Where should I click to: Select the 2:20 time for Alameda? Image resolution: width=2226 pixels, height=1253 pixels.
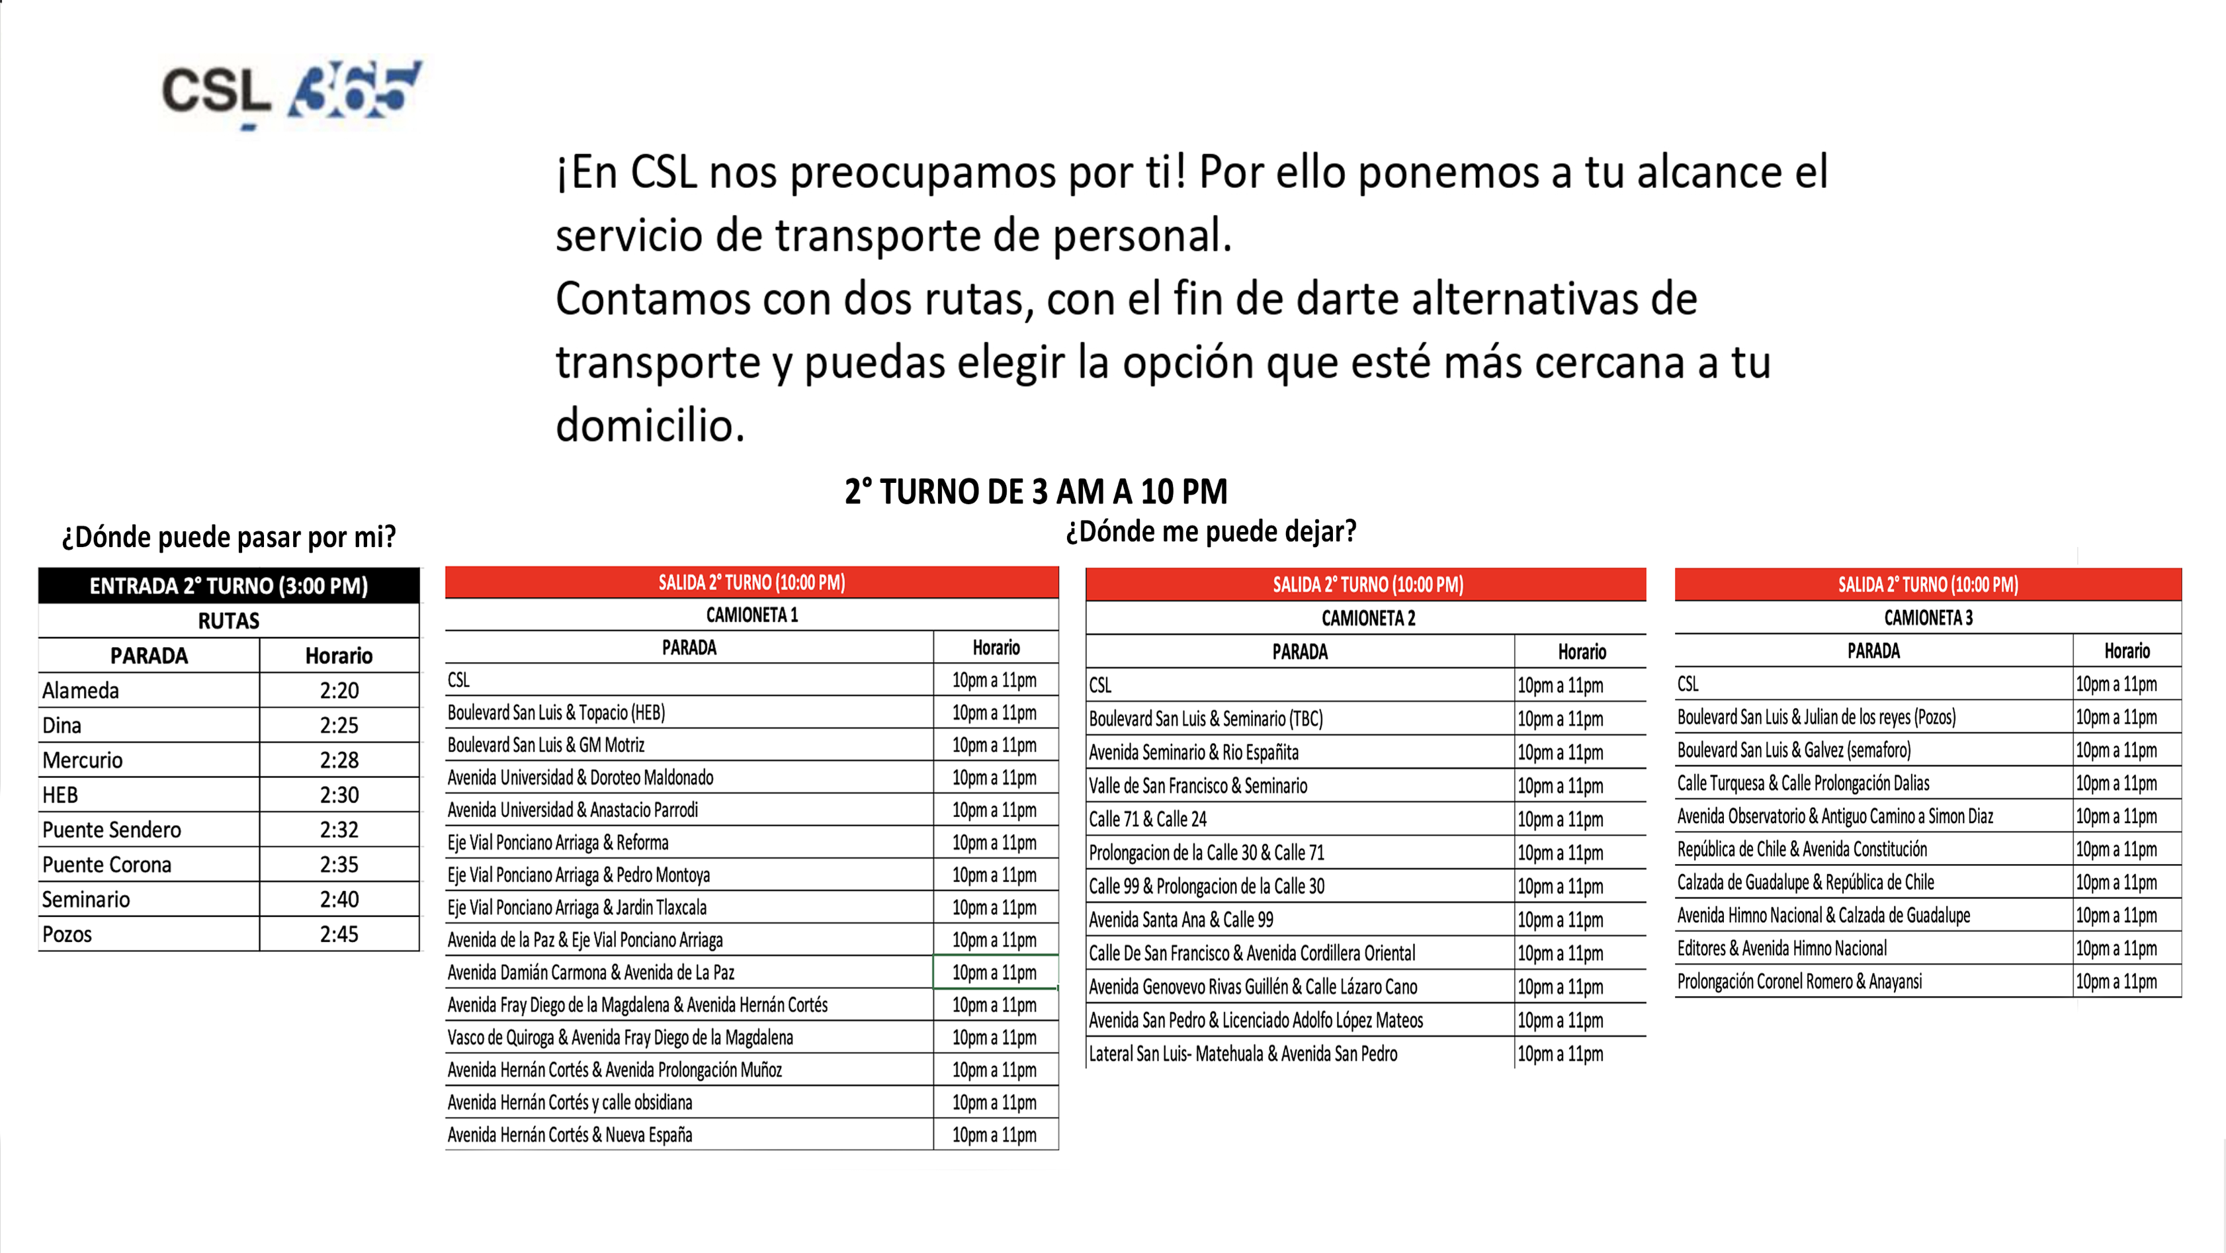[x=339, y=691]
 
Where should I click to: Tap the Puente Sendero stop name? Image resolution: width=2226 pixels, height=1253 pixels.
[x=112, y=830]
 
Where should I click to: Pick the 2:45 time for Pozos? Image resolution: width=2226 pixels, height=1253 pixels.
[x=339, y=934]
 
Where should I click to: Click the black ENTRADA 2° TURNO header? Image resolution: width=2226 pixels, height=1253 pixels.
[x=229, y=586]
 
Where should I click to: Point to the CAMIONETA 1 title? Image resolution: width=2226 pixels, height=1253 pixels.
[x=751, y=615]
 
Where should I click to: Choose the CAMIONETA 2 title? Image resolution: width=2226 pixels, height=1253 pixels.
[x=1368, y=619]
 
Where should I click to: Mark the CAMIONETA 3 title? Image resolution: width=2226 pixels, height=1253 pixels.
[x=1928, y=618]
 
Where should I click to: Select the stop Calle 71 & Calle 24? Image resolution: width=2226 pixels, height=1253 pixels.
[x=1148, y=819]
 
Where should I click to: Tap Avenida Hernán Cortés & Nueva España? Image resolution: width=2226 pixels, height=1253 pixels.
[x=570, y=1135]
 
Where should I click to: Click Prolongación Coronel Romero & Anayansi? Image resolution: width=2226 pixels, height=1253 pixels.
[x=1799, y=982]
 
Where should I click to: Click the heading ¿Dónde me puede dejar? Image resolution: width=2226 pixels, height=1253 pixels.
[x=1211, y=531]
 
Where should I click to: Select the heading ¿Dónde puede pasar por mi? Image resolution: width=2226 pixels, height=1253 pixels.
[x=229, y=537]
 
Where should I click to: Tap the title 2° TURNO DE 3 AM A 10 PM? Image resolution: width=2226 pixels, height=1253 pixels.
[x=1035, y=492]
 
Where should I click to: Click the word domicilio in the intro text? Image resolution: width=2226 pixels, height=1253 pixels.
[x=650, y=426]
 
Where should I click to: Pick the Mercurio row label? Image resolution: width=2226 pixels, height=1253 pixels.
[x=82, y=760]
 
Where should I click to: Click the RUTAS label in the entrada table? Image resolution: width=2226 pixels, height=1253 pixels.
[x=229, y=621]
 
